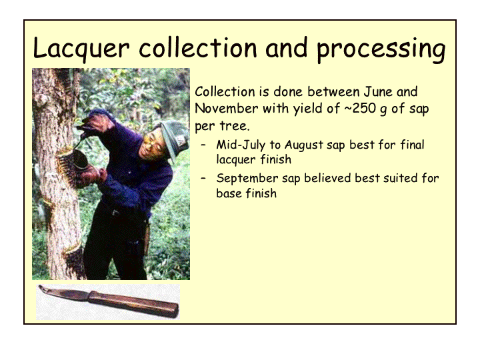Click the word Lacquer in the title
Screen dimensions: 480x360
[x=81, y=47]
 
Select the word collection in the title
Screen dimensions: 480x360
[x=198, y=47]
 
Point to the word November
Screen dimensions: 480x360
[x=226, y=109]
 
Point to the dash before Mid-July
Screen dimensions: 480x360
[x=203, y=145]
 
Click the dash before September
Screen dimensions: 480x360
[x=203, y=179]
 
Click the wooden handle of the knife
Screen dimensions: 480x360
[x=133, y=303]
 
